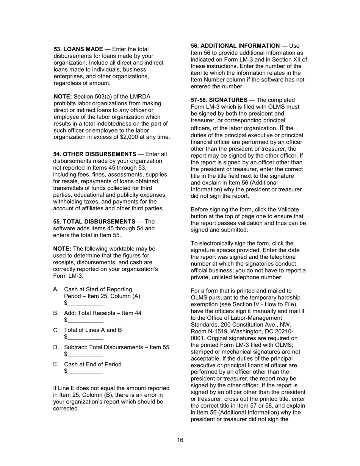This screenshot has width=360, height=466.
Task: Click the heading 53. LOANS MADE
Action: (x=78, y=49)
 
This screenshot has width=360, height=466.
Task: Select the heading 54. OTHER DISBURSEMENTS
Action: (x=94, y=154)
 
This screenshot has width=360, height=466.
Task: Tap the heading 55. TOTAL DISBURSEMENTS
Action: (x=94, y=222)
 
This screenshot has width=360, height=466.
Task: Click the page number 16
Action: (x=180, y=440)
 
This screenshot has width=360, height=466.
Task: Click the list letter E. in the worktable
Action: (x=56, y=364)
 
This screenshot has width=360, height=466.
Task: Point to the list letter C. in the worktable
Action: (x=56, y=330)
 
